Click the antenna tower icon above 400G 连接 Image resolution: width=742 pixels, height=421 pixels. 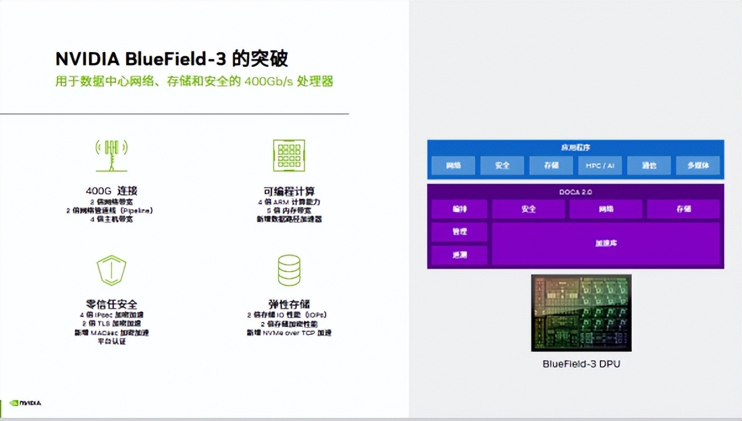[111, 155]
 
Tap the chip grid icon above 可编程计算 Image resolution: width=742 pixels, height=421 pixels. [289, 155]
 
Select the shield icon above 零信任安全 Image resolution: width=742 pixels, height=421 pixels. [111, 270]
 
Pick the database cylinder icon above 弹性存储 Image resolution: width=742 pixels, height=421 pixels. [289, 270]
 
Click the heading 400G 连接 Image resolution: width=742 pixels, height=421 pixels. [111, 191]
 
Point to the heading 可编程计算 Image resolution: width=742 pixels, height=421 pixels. [289, 191]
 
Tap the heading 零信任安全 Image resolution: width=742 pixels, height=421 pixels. [111, 304]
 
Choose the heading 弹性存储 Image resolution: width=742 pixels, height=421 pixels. [289, 304]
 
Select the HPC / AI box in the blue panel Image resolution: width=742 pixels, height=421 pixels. [600, 166]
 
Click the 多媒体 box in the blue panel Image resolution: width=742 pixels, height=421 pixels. [697, 166]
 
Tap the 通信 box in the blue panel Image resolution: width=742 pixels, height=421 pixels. [649, 166]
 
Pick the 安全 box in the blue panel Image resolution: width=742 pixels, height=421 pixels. [502, 166]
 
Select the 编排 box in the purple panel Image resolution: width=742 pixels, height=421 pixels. [459, 209]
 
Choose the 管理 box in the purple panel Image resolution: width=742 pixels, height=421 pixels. [459, 232]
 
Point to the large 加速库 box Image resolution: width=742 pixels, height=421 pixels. [606, 243]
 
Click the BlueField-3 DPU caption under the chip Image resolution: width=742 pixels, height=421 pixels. [581, 364]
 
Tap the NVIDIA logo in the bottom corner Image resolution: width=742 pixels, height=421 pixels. [26, 403]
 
